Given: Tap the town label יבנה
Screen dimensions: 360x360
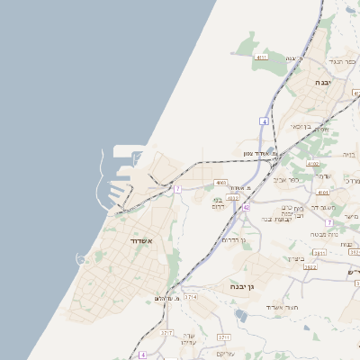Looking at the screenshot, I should (322, 82).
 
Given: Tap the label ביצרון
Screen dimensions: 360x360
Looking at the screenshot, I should (297, 258).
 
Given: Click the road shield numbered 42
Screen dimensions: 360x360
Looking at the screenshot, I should (246, 207).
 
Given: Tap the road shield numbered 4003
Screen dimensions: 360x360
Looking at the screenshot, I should (221, 183).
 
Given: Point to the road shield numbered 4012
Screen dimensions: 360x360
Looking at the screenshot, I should (233, 198).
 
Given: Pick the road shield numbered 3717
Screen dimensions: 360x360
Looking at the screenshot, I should (166, 333).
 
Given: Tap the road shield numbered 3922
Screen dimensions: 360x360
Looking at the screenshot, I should (310, 267).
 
